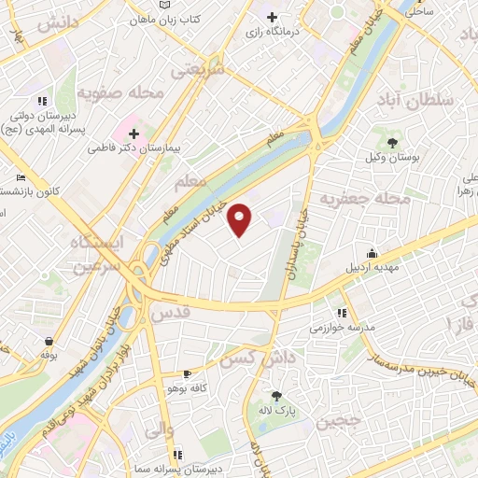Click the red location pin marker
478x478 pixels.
click(x=241, y=219)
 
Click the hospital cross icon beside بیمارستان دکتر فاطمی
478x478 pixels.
click(x=134, y=134)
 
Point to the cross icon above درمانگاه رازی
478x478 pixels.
click(x=272, y=17)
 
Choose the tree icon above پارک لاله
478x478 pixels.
click(x=275, y=395)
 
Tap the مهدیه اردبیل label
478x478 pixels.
click(x=373, y=269)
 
